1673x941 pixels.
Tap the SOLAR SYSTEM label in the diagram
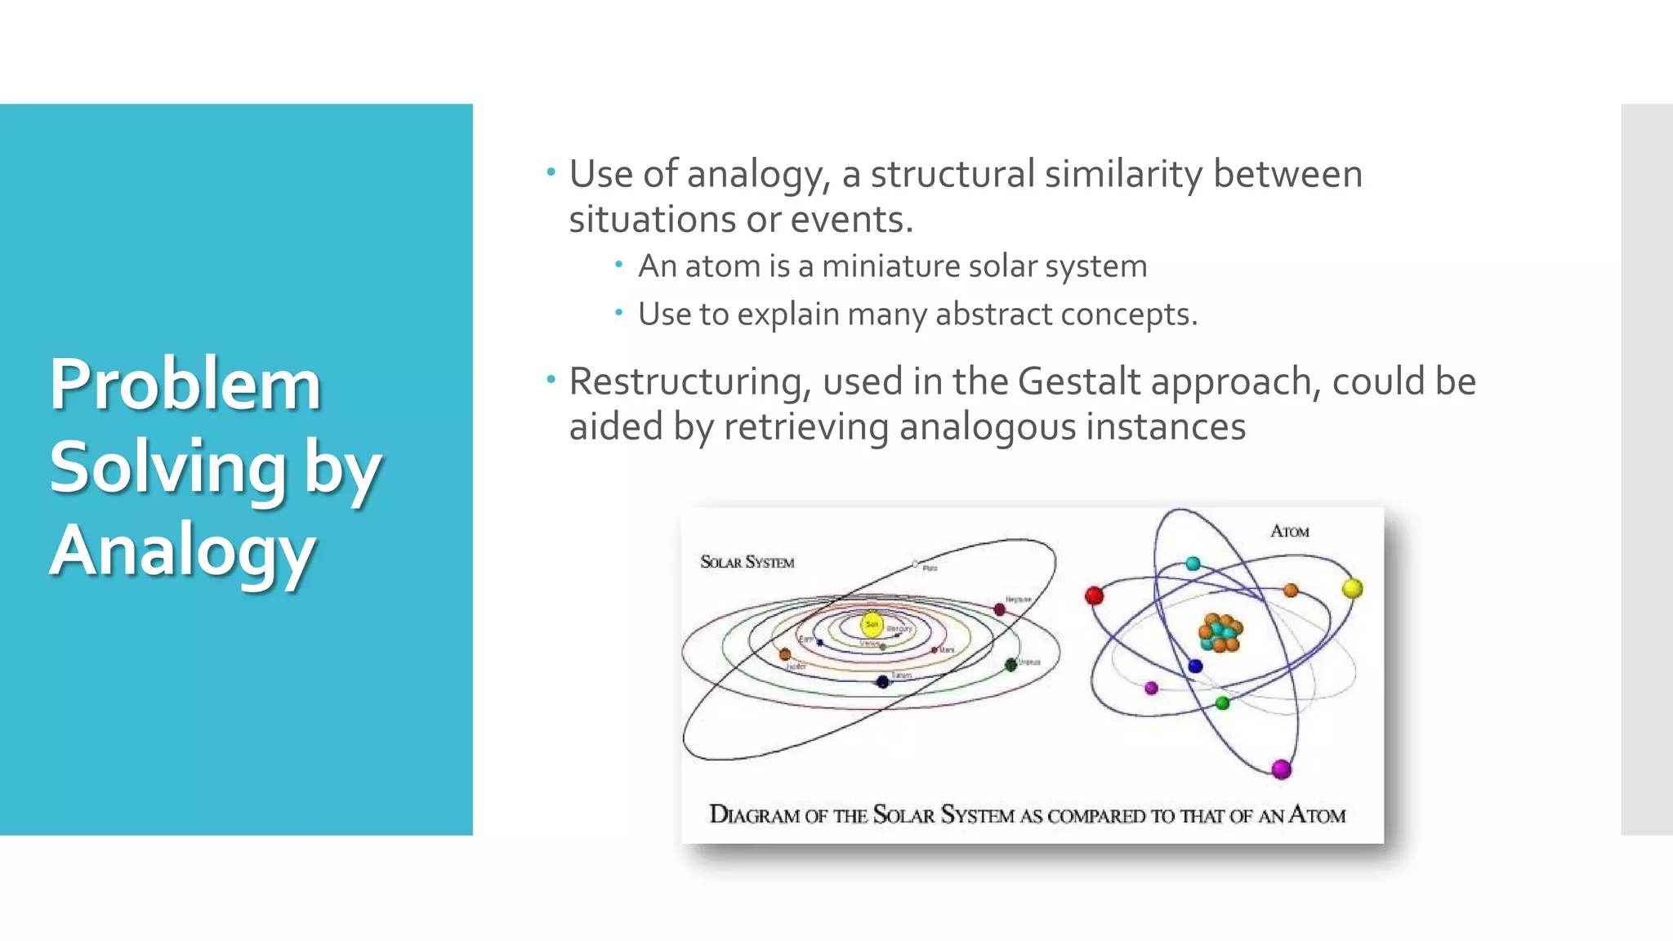point(747,562)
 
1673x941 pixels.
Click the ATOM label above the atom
point(1289,532)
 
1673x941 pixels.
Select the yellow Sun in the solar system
point(872,624)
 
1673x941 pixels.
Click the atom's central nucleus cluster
point(1220,632)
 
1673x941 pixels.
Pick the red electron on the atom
point(1094,595)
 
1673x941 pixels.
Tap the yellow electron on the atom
point(1352,588)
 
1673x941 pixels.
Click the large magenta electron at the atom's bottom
point(1281,769)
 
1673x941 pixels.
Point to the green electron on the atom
point(1222,702)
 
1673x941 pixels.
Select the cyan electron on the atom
point(1193,564)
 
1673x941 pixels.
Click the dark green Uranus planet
point(1010,664)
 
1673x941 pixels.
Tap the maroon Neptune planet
point(999,609)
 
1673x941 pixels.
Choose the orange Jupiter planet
point(785,654)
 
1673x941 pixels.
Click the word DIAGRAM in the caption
point(754,814)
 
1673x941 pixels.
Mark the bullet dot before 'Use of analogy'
point(551,172)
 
